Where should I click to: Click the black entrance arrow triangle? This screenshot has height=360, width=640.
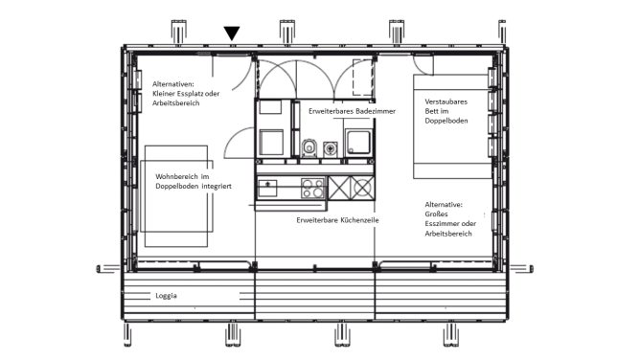(x=232, y=33)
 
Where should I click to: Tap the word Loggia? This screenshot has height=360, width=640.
(x=166, y=296)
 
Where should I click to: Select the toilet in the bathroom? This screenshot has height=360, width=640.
(x=309, y=147)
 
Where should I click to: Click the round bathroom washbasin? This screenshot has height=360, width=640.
(x=331, y=148)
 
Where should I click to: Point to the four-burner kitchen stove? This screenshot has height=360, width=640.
(x=312, y=188)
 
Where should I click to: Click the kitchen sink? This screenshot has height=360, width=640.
(x=267, y=188)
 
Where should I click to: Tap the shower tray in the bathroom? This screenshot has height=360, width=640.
(x=358, y=143)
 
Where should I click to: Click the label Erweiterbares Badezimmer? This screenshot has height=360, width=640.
(x=352, y=111)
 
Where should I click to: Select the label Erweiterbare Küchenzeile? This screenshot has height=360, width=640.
(x=337, y=220)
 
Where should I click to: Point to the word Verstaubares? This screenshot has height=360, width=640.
(x=446, y=101)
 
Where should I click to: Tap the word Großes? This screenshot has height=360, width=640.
(x=436, y=214)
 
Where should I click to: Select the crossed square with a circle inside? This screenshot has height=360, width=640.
(x=362, y=188)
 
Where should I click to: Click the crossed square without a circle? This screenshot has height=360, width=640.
(x=339, y=188)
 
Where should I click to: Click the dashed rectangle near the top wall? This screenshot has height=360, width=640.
(x=362, y=78)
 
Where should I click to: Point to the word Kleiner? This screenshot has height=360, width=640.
(x=163, y=94)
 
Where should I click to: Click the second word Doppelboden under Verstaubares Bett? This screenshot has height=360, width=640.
(x=446, y=121)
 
